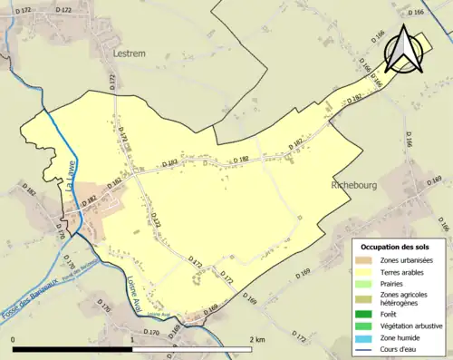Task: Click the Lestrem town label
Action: coord(129,54)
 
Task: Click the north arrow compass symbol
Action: coord(402,51)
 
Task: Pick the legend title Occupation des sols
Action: coord(395,247)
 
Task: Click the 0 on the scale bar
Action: coord(14,339)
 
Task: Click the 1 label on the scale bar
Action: coord(132,339)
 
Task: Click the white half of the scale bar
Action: coord(192,348)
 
